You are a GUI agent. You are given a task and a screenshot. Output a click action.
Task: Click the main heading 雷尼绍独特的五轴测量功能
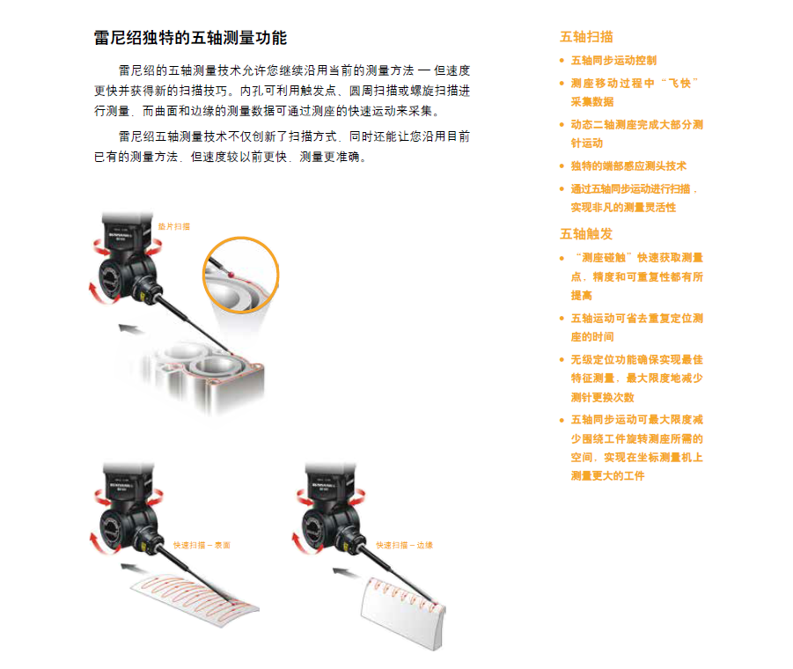click(190, 38)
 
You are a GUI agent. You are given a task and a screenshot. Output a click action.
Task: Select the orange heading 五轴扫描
click(586, 37)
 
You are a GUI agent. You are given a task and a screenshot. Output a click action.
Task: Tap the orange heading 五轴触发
click(586, 234)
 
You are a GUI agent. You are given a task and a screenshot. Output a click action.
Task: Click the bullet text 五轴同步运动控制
click(613, 61)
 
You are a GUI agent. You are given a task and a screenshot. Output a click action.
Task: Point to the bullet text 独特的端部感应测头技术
click(628, 165)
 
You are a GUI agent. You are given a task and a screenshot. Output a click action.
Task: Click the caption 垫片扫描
click(173, 226)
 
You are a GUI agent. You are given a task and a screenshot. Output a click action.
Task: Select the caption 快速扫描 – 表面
click(202, 546)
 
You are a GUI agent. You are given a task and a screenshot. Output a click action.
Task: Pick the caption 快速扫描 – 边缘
click(404, 546)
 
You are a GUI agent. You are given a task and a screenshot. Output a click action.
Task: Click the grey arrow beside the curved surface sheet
click(134, 566)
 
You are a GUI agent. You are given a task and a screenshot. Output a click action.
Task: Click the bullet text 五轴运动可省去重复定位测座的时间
click(636, 327)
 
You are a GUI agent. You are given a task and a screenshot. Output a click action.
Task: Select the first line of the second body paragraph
click(294, 137)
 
